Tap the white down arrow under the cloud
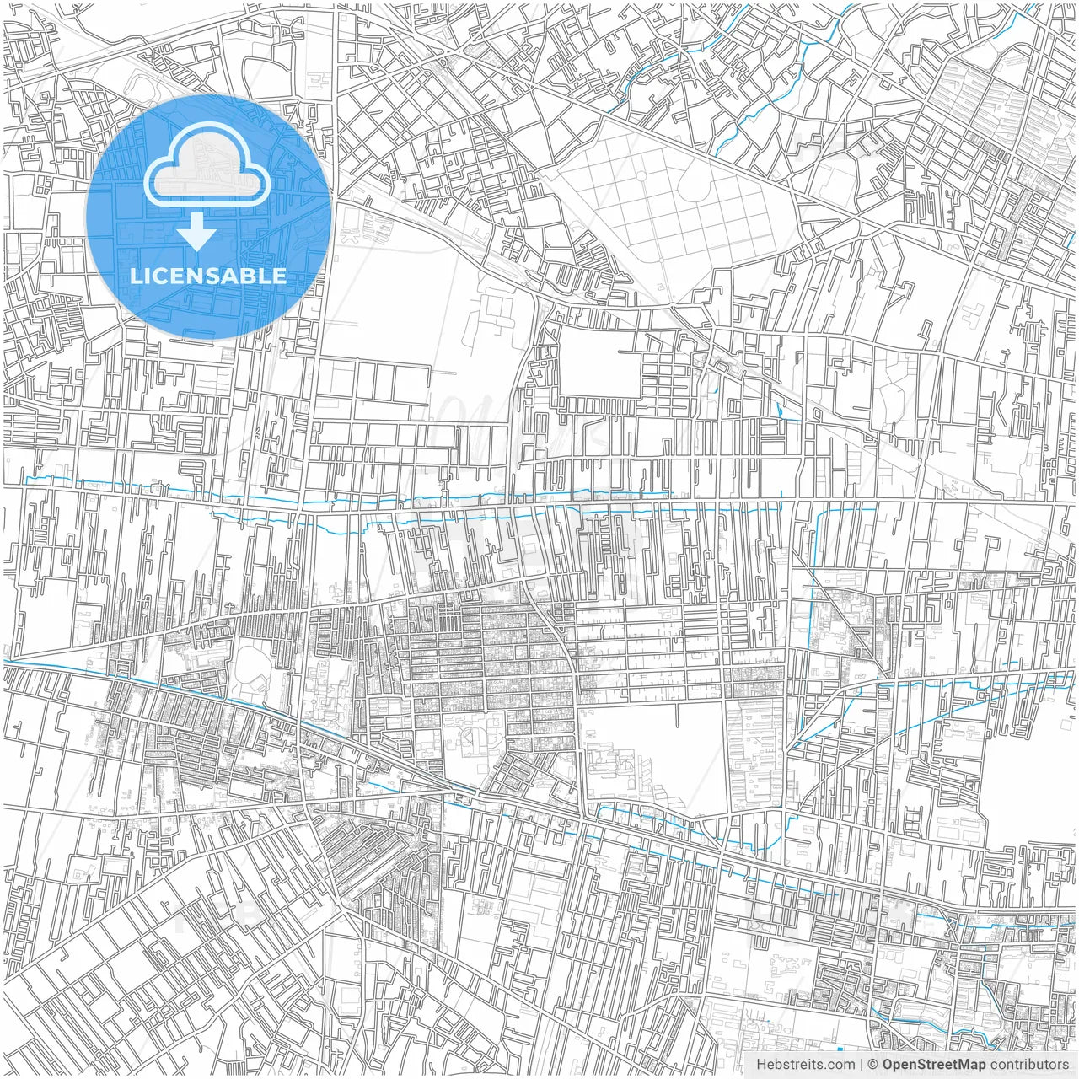point(197,232)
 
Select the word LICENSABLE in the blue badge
point(207,276)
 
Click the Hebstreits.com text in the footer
point(805,1065)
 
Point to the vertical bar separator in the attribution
point(861,1065)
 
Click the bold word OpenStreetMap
point(934,1065)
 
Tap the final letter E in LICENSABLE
point(277,276)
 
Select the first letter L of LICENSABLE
point(135,276)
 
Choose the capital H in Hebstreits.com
point(761,1065)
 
